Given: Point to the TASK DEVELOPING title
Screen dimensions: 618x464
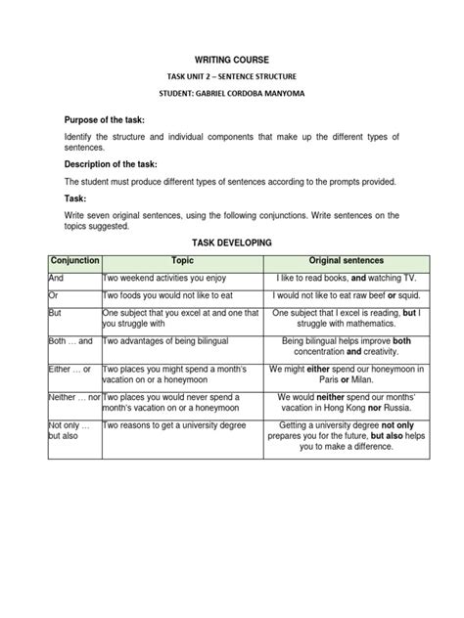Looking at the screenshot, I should (x=232, y=241).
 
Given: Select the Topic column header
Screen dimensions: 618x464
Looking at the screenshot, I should (x=183, y=261).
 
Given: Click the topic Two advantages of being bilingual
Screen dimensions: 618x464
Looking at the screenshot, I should (x=171, y=341).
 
